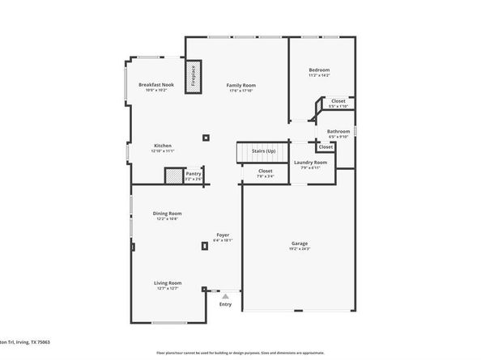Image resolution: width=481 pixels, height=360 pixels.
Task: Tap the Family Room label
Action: click(x=240, y=85)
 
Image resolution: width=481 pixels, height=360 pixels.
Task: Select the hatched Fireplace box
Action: click(x=194, y=75)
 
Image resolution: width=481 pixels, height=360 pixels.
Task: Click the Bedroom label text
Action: click(x=321, y=70)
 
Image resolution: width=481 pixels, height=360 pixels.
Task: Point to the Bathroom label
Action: click(x=338, y=131)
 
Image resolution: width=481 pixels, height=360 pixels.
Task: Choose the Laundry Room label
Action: click(x=310, y=162)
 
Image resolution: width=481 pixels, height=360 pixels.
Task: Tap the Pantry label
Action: click(x=193, y=172)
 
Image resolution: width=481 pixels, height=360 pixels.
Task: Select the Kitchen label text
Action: click(x=163, y=146)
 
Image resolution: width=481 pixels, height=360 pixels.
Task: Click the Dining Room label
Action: click(x=166, y=214)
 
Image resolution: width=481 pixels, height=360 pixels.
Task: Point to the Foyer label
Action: click(x=222, y=235)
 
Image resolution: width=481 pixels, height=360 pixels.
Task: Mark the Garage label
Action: click(x=300, y=243)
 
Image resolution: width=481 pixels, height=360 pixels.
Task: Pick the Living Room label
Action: click(x=168, y=282)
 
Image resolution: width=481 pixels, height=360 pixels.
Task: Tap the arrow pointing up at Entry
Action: click(x=225, y=296)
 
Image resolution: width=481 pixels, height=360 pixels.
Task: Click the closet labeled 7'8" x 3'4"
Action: click(x=266, y=172)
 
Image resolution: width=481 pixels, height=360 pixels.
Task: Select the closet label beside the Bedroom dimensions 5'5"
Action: click(x=338, y=101)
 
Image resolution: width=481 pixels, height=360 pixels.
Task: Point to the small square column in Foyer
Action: click(x=204, y=246)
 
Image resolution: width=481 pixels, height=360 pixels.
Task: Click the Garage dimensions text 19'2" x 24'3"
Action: click(x=300, y=248)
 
